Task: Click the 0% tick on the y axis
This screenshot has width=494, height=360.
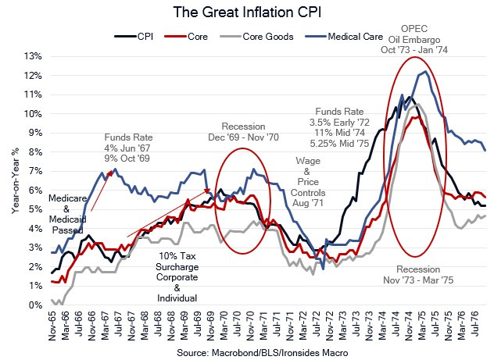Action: point(34,305)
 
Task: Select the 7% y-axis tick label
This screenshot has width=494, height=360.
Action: point(34,171)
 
